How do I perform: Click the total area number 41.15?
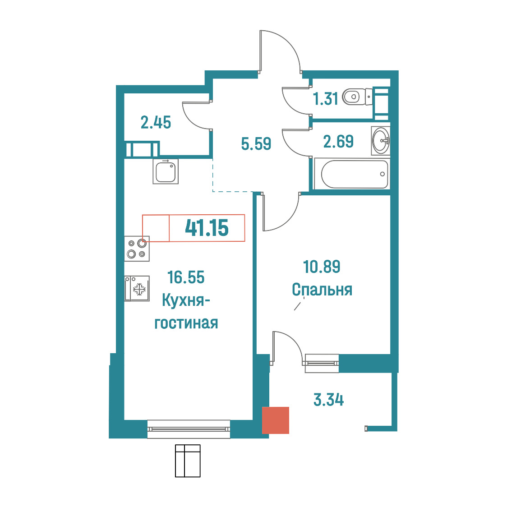pos(207,228)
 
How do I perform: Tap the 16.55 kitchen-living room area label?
pos(186,277)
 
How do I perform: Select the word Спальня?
pos(322,290)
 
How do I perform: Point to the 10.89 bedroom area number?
pos(322,267)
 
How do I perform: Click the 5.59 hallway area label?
pos(256,143)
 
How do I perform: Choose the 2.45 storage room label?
pos(156,123)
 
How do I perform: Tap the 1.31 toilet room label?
pos(325,99)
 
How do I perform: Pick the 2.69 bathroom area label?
pos(339,142)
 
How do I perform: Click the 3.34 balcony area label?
pos(328,400)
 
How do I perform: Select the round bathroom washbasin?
pos(381,141)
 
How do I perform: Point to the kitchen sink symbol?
pos(166,172)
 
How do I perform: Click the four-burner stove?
pos(137,249)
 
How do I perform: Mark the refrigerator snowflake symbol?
pos(139,289)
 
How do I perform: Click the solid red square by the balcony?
pos(276,420)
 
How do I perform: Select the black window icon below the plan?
pos(188,461)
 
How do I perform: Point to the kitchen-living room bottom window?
pos(189,429)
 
